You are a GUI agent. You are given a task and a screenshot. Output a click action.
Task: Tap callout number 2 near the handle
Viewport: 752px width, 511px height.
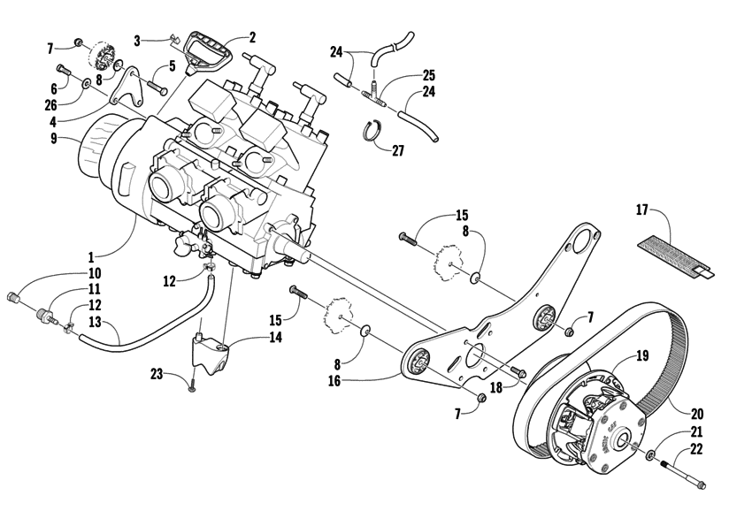point(252,37)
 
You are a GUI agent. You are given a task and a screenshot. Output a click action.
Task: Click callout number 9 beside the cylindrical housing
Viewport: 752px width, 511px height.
point(54,138)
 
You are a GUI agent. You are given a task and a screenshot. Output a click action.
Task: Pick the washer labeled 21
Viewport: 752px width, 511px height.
point(650,455)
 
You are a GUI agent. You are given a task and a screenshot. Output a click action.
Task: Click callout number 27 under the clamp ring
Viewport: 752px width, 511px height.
point(397,151)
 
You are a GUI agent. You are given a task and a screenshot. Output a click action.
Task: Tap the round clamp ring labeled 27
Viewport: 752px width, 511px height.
point(375,132)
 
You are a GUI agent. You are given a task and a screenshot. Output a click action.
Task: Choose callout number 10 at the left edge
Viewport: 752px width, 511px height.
point(94,273)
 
